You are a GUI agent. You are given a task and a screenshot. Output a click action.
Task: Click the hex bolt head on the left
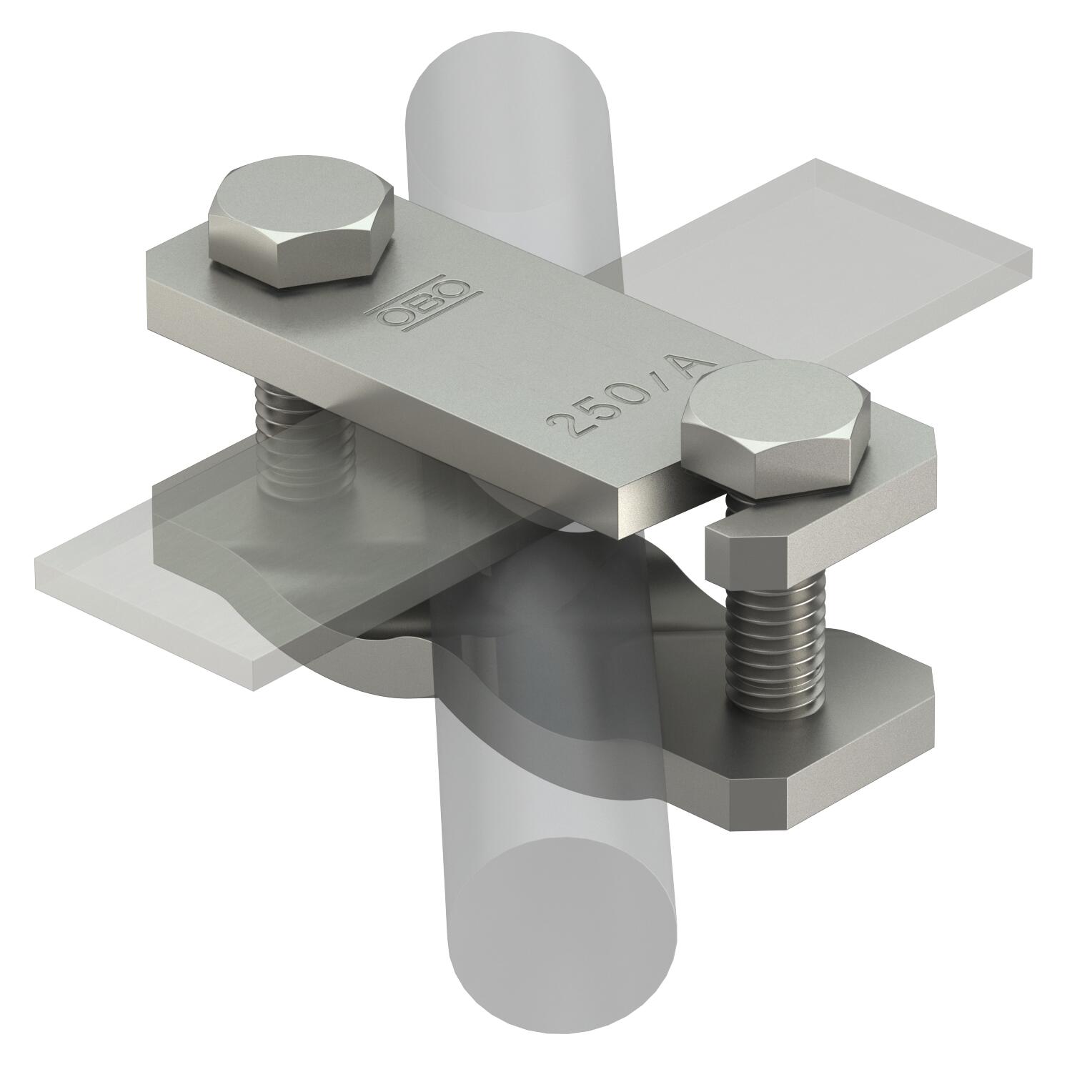[300, 229]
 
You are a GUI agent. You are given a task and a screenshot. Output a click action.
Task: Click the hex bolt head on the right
[775, 429]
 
